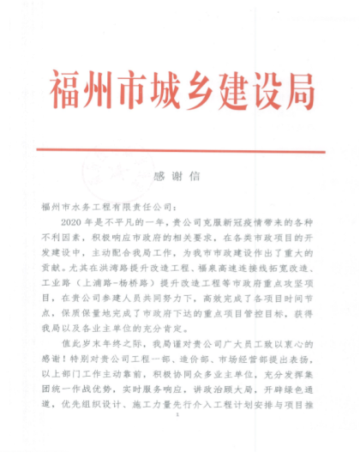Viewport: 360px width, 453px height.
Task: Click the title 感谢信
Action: (x=181, y=176)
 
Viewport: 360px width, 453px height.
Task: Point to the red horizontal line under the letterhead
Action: (x=180, y=152)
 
